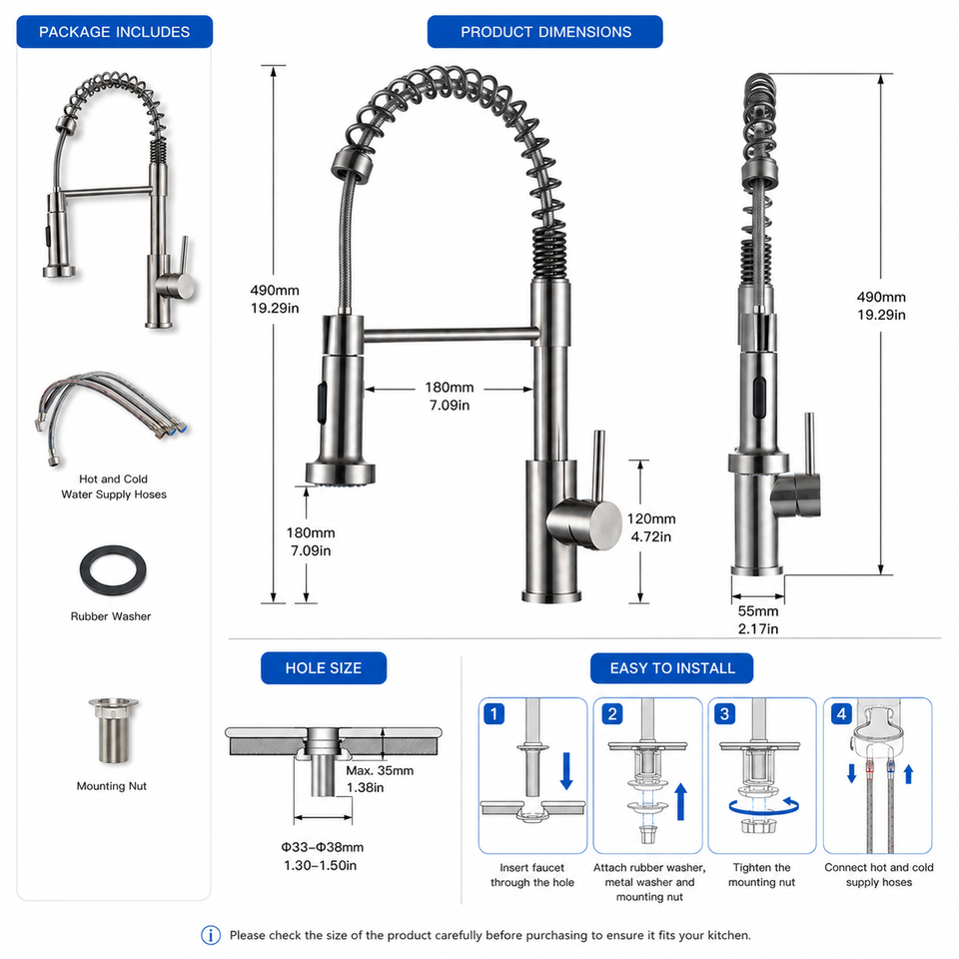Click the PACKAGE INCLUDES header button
click(x=114, y=32)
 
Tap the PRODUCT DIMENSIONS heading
click(x=545, y=32)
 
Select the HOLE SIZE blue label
click(x=324, y=668)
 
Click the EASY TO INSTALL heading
click(x=671, y=668)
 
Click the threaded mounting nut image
click(x=114, y=730)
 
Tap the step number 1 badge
click(x=494, y=713)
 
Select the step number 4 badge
click(x=841, y=713)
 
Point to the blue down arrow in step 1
click(x=566, y=771)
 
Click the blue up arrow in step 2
click(x=680, y=802)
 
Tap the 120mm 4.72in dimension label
click(x=651, y=527)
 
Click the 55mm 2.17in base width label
click(x=758, y=619)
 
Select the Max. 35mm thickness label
click(x=380, y=770)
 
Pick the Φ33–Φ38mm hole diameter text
click(x=323, y=848)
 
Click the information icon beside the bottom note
click(x=211, y=935)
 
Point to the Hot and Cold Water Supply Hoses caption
click(x=114, y=486)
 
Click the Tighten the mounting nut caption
click(x=761, y=875)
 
